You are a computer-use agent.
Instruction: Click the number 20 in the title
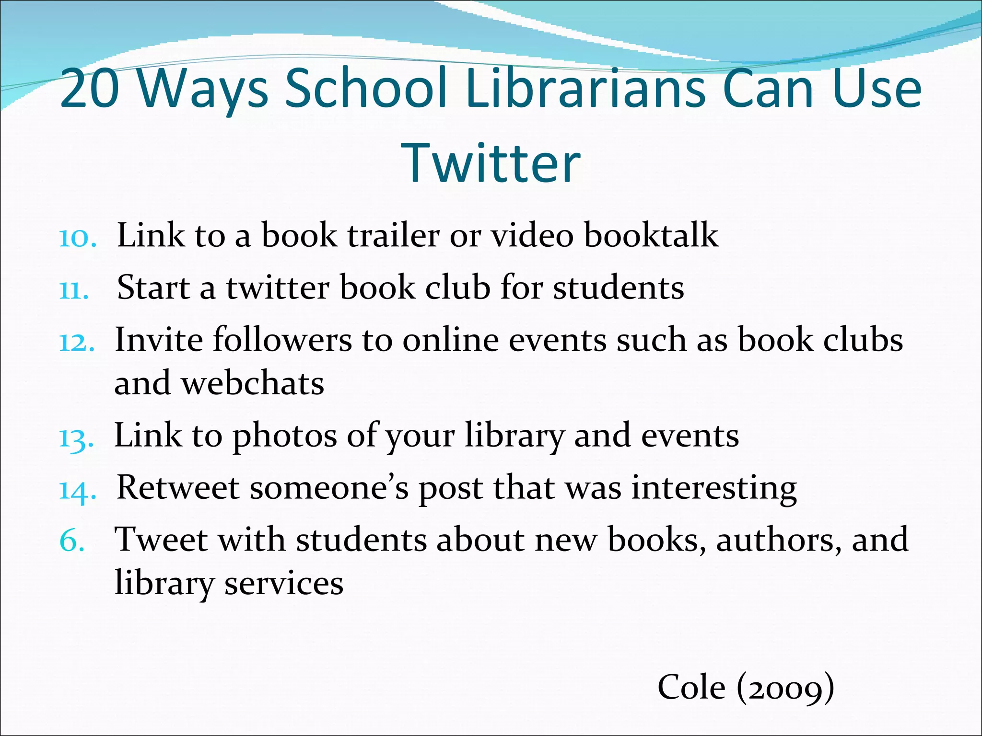(90, 89)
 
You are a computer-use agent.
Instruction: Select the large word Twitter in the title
(491, 163)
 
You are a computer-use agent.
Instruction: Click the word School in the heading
(366, 89)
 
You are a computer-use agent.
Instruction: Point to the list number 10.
(78, 238)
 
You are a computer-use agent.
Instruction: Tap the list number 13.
(76, 438)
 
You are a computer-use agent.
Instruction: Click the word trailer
(393, 236)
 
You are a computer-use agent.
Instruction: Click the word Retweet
(177, 488)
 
